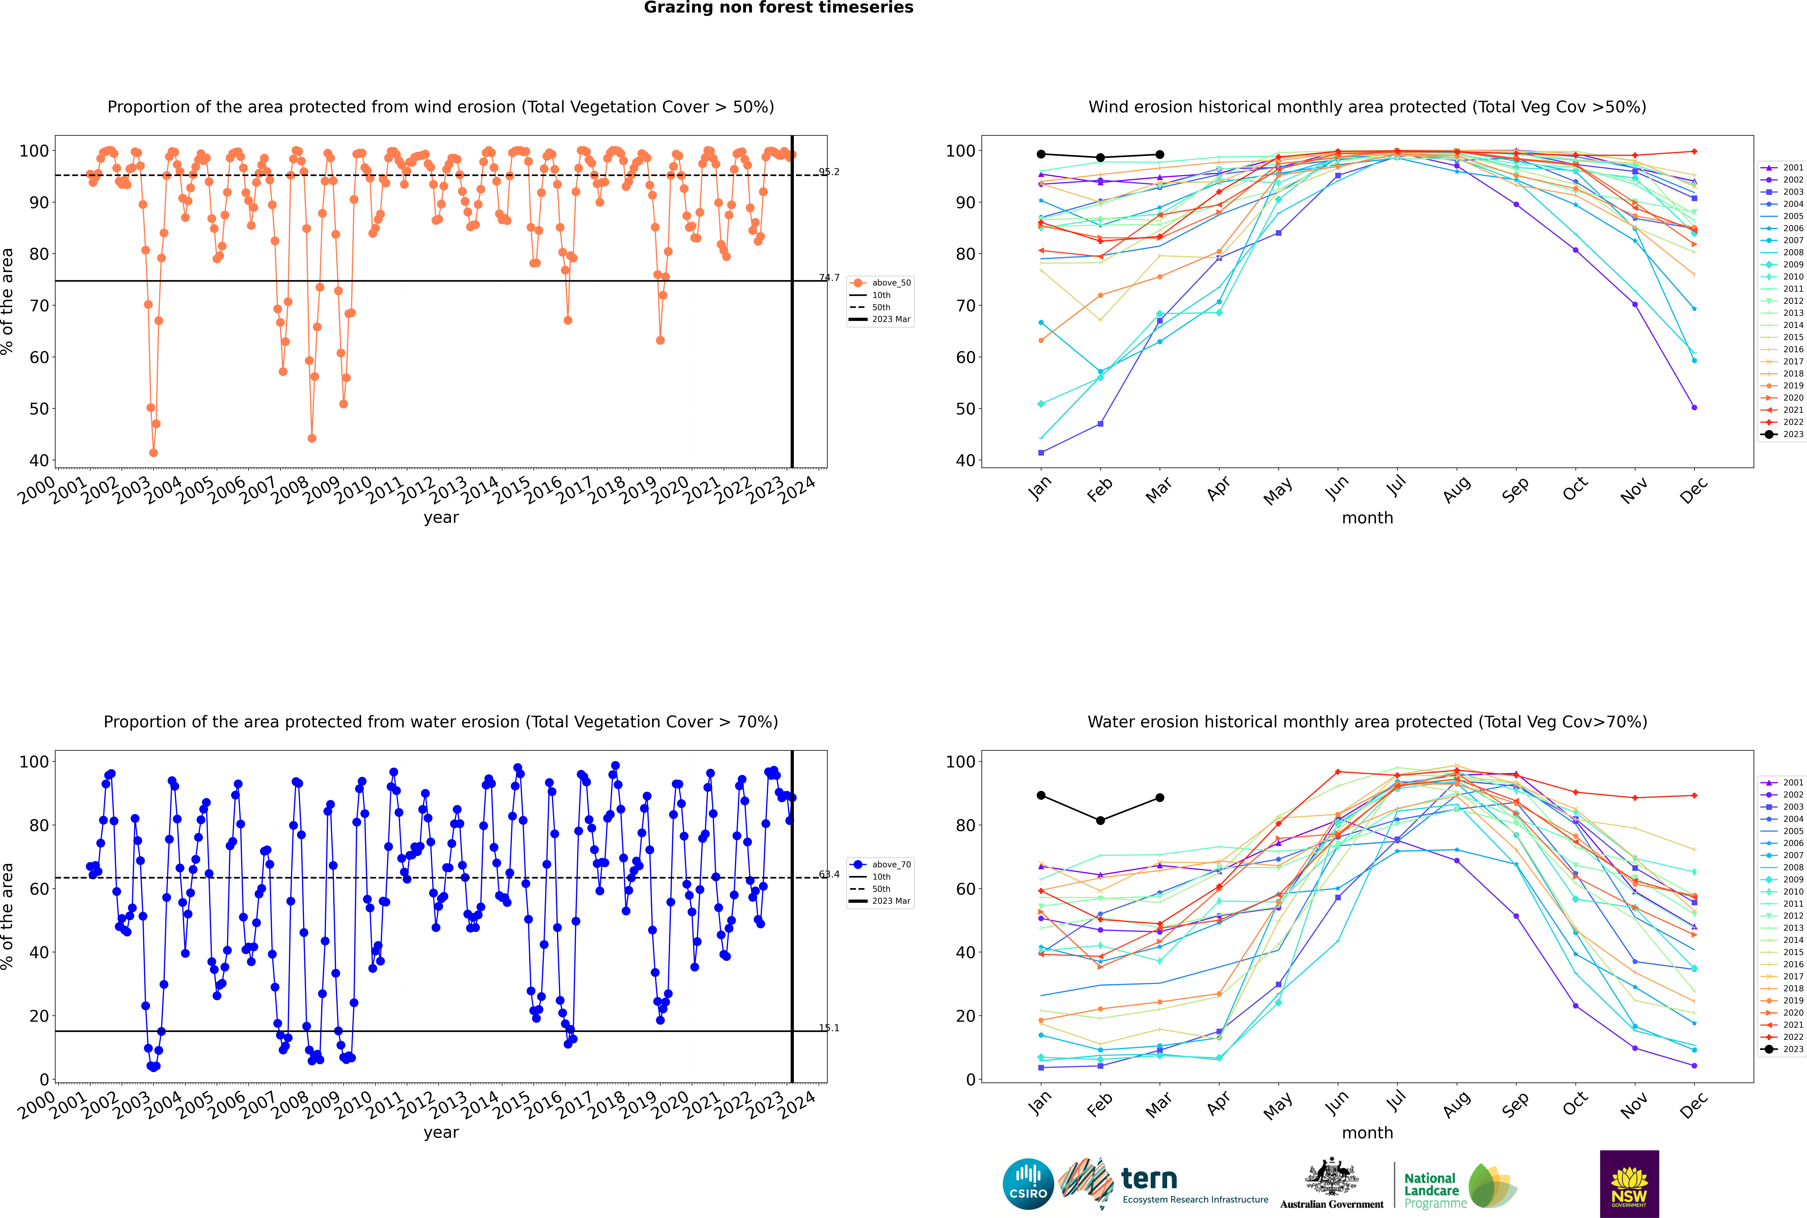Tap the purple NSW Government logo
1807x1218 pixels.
1629,1183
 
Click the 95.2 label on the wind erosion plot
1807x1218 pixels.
829,172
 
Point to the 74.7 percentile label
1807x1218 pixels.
829,277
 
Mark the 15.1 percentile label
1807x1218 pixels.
829,1028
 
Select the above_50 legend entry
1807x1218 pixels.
890,283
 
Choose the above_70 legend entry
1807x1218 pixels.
890,865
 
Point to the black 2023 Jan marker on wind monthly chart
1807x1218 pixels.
1041,154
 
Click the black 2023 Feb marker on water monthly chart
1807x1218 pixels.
1100,820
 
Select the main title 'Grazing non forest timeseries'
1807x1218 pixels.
778,8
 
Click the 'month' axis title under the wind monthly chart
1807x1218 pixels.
1367,518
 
